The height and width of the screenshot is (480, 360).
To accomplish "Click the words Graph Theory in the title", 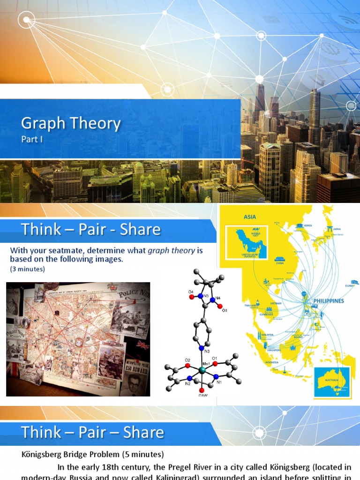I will [71, 124].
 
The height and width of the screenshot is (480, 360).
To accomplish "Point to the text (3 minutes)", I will [28, 269].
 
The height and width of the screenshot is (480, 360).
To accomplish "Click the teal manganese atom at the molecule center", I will [202, 370].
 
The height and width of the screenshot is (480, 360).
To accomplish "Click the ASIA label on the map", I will [250, 217].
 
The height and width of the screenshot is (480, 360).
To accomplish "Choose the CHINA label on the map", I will [280, 263].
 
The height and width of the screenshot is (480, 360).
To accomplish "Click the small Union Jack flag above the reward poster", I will [142, 345].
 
